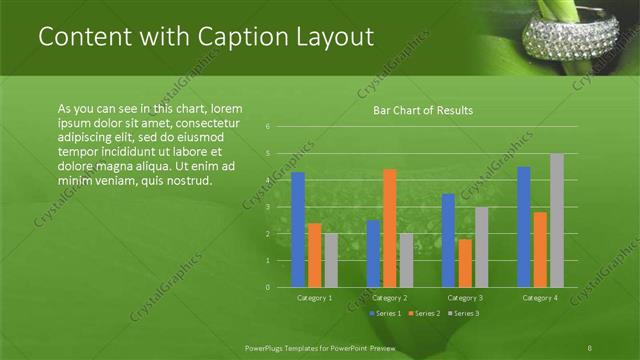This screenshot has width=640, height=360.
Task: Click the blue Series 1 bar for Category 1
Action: (x=297, y=230)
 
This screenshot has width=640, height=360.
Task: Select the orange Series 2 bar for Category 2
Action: (x=389, y=228)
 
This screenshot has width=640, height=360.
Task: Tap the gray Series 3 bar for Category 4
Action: (x=556, y=220)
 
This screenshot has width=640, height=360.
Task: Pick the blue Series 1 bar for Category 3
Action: (x=448, y=240)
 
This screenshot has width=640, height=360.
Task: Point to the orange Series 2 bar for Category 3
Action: (x=465, y=263)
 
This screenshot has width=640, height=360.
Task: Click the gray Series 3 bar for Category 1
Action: (x=331, y=260)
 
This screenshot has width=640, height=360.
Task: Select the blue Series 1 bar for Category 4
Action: (x=523, y=227)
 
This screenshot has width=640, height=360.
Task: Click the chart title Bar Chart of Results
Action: (x=423, y=110)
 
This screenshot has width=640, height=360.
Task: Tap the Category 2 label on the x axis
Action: (x=390, y=298)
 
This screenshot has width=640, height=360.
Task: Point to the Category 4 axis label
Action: (x=540, y=298)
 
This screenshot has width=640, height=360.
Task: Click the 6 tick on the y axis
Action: (x=268, y=127)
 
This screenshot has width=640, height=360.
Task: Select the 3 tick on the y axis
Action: (x=268, y=207)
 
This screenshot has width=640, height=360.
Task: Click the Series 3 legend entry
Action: (x=465, y=314)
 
